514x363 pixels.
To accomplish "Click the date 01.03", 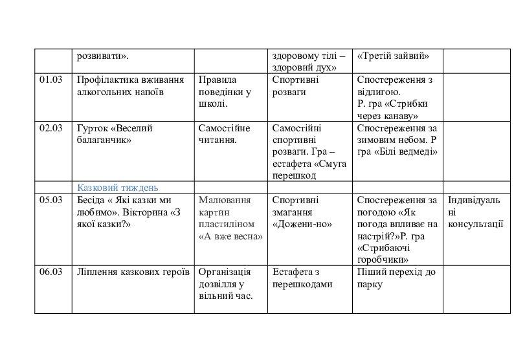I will pos(50,80).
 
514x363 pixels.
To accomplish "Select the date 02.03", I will pos(50,128).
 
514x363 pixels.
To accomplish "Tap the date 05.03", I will pos(50,200).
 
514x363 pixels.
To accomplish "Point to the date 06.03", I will pos(50,272).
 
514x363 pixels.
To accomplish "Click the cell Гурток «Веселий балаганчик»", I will pos(115,134).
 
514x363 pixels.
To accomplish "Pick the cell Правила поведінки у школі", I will pos(225,91).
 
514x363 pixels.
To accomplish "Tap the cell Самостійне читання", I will pos(224,134).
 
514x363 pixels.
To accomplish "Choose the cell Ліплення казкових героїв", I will pos(133,272).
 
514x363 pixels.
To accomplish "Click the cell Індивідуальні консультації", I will pos(476,212).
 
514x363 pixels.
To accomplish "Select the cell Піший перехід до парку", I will pos(396,278).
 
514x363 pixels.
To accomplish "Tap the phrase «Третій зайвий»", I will pos(393,56).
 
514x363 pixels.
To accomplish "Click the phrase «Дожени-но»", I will pos(302,225).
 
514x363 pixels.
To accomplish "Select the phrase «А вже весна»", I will pos(230,236).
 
